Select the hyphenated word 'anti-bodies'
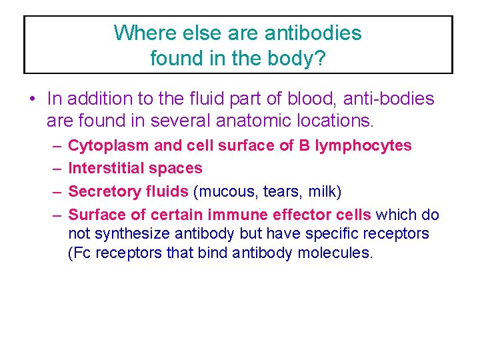(x=390, y=99)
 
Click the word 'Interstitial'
(x=109, y=169)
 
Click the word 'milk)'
(x=324, y=192)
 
